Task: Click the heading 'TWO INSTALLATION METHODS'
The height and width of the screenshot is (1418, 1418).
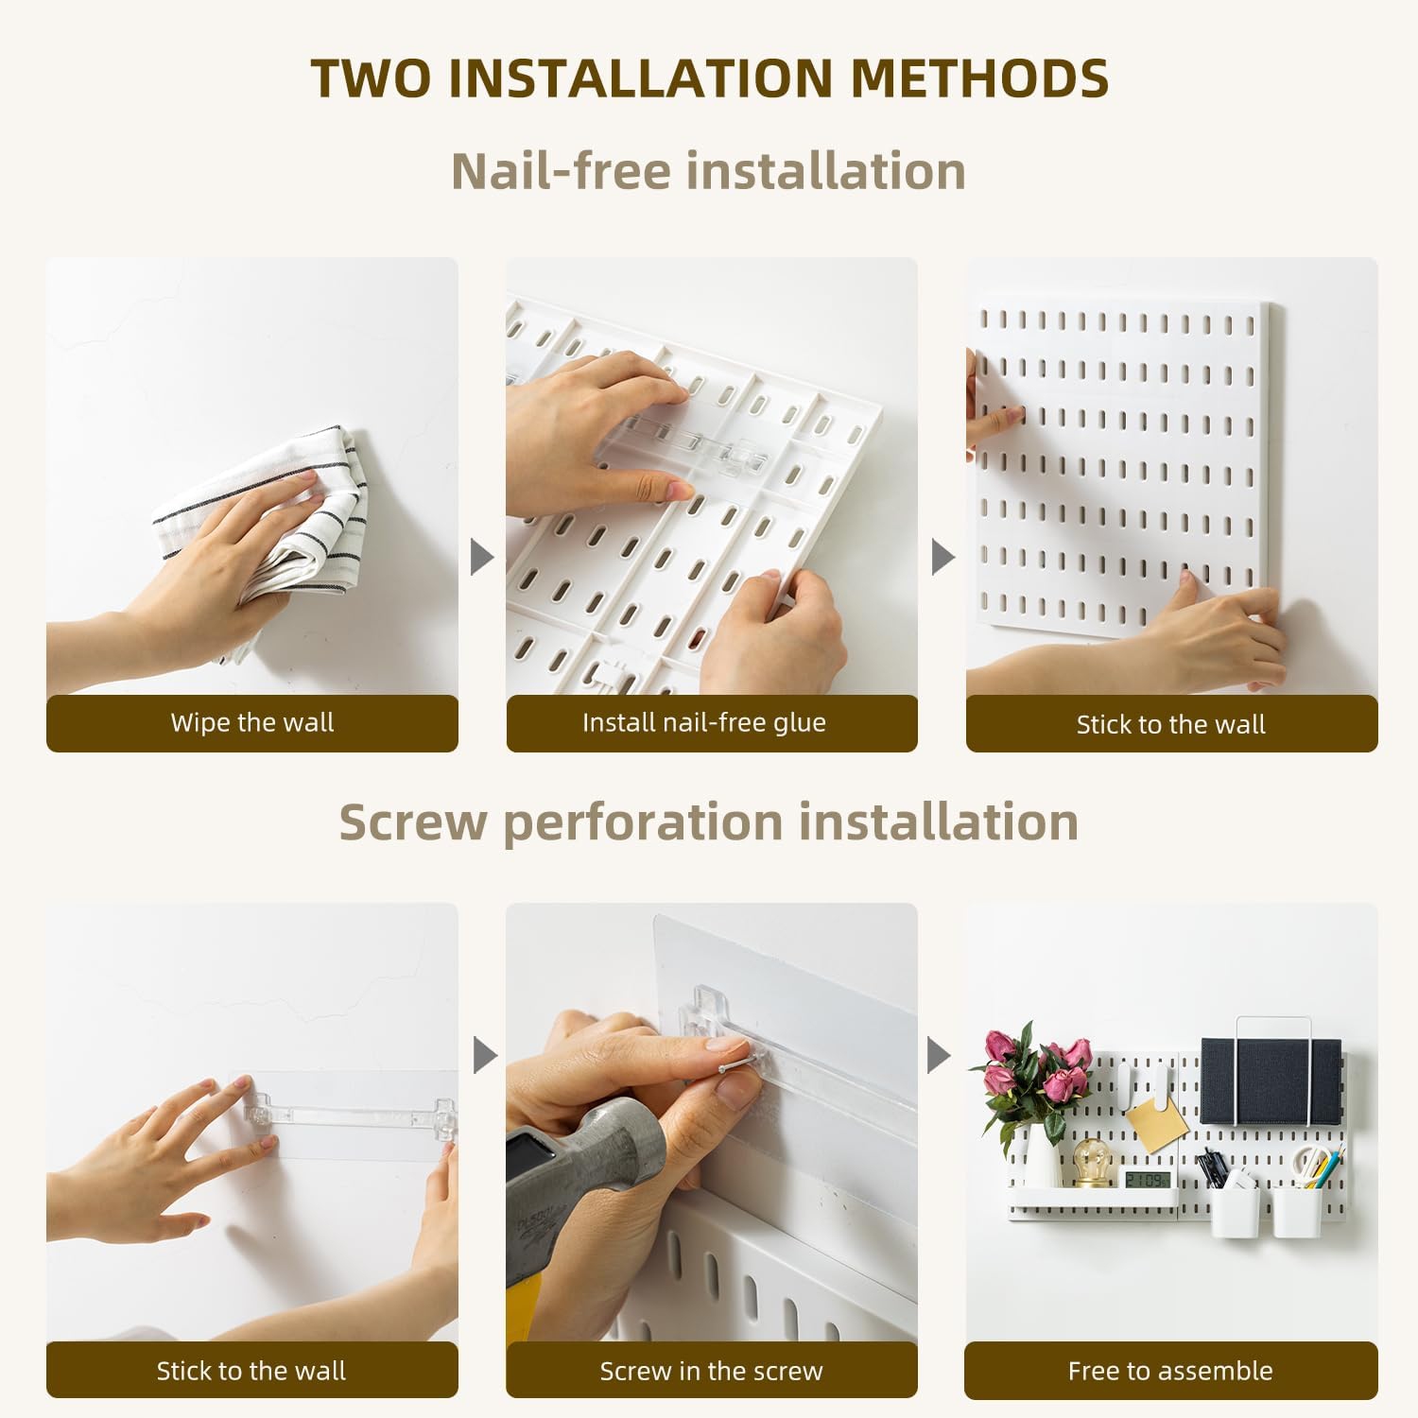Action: coord(709,78)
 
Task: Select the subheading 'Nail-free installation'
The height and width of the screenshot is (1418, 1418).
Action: coord(709,171)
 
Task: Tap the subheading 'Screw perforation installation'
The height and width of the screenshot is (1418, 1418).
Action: coord(709,821)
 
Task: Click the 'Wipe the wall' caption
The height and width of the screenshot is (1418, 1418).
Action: coord(252,723)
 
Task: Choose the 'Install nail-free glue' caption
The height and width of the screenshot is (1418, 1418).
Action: coord(704,723)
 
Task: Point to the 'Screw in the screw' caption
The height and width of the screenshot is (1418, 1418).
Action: coord(711,1371)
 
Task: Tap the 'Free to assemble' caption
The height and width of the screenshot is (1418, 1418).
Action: coord(1170,1371)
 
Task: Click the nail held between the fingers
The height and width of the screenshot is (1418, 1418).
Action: coord(733,1065)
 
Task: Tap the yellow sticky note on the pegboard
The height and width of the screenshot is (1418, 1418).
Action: coord(1158,1122)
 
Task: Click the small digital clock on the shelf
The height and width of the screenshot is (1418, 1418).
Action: coord(1147,1179)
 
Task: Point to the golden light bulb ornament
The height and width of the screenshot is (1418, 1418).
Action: coord(1092,1163)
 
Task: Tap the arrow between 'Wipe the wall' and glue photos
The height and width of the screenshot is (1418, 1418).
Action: coord(482,557)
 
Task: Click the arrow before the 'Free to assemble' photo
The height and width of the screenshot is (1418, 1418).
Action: coord(939,1055)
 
